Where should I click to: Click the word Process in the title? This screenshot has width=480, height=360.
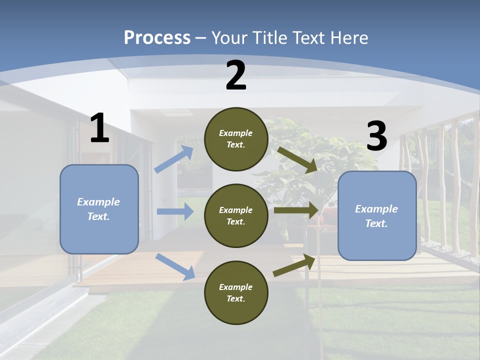point(157,38)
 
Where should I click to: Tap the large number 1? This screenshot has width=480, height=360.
point(99,128)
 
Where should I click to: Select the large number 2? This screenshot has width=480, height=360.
point(236,76)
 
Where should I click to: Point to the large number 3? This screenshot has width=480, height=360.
point(376,136)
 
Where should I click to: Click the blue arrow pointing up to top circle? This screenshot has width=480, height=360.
point(174,159)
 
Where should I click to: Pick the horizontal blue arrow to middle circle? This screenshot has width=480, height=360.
point(175,211)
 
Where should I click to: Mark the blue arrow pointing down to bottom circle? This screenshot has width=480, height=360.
point(175,266)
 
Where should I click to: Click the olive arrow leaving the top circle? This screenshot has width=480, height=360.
point(297,159)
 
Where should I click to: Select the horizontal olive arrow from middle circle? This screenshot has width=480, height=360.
point(296,210)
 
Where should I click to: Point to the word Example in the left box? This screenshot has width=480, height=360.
point(98,202)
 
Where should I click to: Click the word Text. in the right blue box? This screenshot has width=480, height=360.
point(376,223)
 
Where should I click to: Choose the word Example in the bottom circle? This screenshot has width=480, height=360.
point(235,287)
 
